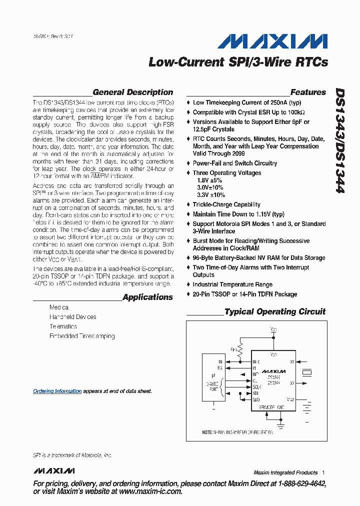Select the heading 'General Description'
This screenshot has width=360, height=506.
coord(132,92)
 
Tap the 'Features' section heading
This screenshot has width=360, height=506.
coord(308,92)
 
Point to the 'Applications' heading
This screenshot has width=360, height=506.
coord(147,297)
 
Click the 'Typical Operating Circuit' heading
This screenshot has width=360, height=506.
coord(275,311)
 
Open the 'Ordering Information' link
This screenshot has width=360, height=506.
coord(57,391)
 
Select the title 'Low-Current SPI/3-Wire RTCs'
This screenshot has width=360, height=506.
coord(238,62)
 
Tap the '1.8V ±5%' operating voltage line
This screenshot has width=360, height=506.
coord(208,180)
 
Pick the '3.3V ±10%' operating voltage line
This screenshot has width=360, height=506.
coord(209,195)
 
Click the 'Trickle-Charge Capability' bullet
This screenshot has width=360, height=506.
coord(226,204)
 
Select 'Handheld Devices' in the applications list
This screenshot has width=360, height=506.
coord(72,317)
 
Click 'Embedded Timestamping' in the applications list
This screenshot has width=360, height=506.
coord(82,336)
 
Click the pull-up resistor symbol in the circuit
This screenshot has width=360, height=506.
coord(240,349)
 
